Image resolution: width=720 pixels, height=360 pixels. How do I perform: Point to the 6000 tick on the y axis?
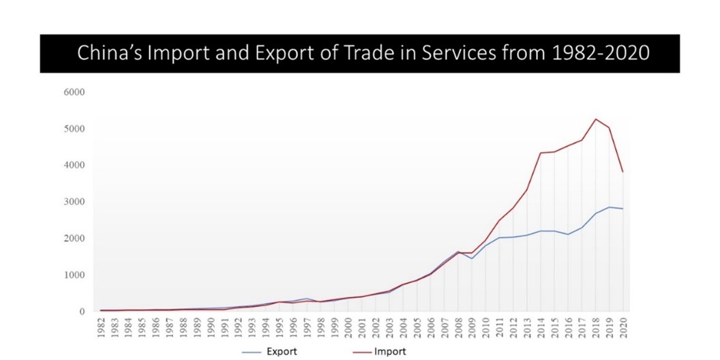point(75,92)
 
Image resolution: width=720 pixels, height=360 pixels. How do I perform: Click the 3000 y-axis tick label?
point(75,202)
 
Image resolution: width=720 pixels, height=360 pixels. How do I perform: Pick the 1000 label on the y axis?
point(75,275)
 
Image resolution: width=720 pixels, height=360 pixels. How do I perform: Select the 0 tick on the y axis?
point(81,312)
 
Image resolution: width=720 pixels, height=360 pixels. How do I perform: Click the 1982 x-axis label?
point(102,327)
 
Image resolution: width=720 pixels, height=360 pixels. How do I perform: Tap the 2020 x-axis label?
point(623,327)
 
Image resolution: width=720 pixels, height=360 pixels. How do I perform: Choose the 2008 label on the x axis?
point(458,327)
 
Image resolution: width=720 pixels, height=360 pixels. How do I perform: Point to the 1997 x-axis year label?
point(307,327)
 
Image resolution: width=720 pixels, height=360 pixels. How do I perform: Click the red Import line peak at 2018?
point(596,119)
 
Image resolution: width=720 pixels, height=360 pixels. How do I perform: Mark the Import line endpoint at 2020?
point(623,172)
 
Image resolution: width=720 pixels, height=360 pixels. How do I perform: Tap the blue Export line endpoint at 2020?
point(623,209)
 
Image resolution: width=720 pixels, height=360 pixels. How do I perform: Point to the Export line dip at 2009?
point(472,258)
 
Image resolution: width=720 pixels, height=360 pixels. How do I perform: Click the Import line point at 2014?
point(541,153)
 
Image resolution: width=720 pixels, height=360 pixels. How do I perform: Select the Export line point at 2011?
point(500,238)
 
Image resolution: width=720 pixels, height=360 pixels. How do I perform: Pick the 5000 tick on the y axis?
point(75,129)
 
